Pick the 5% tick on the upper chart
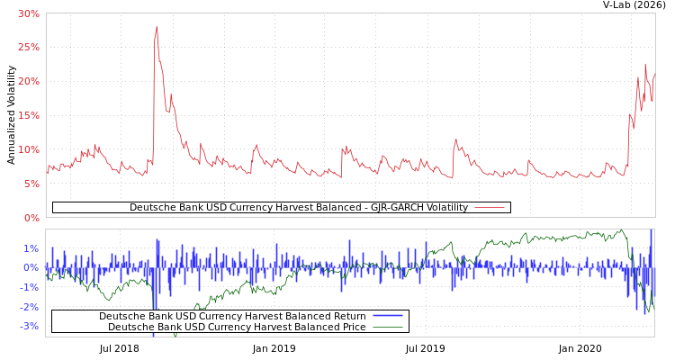31,184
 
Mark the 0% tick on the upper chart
31,217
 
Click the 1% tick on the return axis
31,248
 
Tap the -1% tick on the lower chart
30,287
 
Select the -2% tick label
30,307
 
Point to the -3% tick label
30,326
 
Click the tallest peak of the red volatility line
157,27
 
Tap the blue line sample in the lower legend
387,316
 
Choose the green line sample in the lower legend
387,327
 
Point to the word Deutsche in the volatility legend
151,208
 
